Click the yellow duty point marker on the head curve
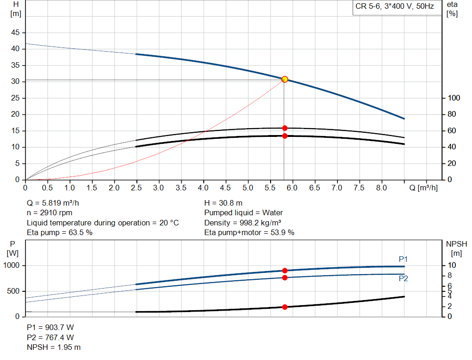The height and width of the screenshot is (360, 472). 284,79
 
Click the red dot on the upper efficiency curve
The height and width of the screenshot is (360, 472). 284,128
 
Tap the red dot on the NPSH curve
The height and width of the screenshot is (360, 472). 284,307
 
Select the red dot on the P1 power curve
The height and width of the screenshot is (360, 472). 284,271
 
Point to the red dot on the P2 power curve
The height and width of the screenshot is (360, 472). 284,277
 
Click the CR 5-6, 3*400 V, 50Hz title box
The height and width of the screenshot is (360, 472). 395,7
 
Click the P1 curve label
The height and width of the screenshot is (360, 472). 403,259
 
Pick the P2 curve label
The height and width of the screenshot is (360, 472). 403,278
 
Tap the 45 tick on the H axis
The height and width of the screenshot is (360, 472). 16,33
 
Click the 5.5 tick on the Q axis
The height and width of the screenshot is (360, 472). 270,188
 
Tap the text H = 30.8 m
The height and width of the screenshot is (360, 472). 223,203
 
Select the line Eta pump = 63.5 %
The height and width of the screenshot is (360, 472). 59,232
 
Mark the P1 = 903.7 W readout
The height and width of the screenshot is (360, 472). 50,327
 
